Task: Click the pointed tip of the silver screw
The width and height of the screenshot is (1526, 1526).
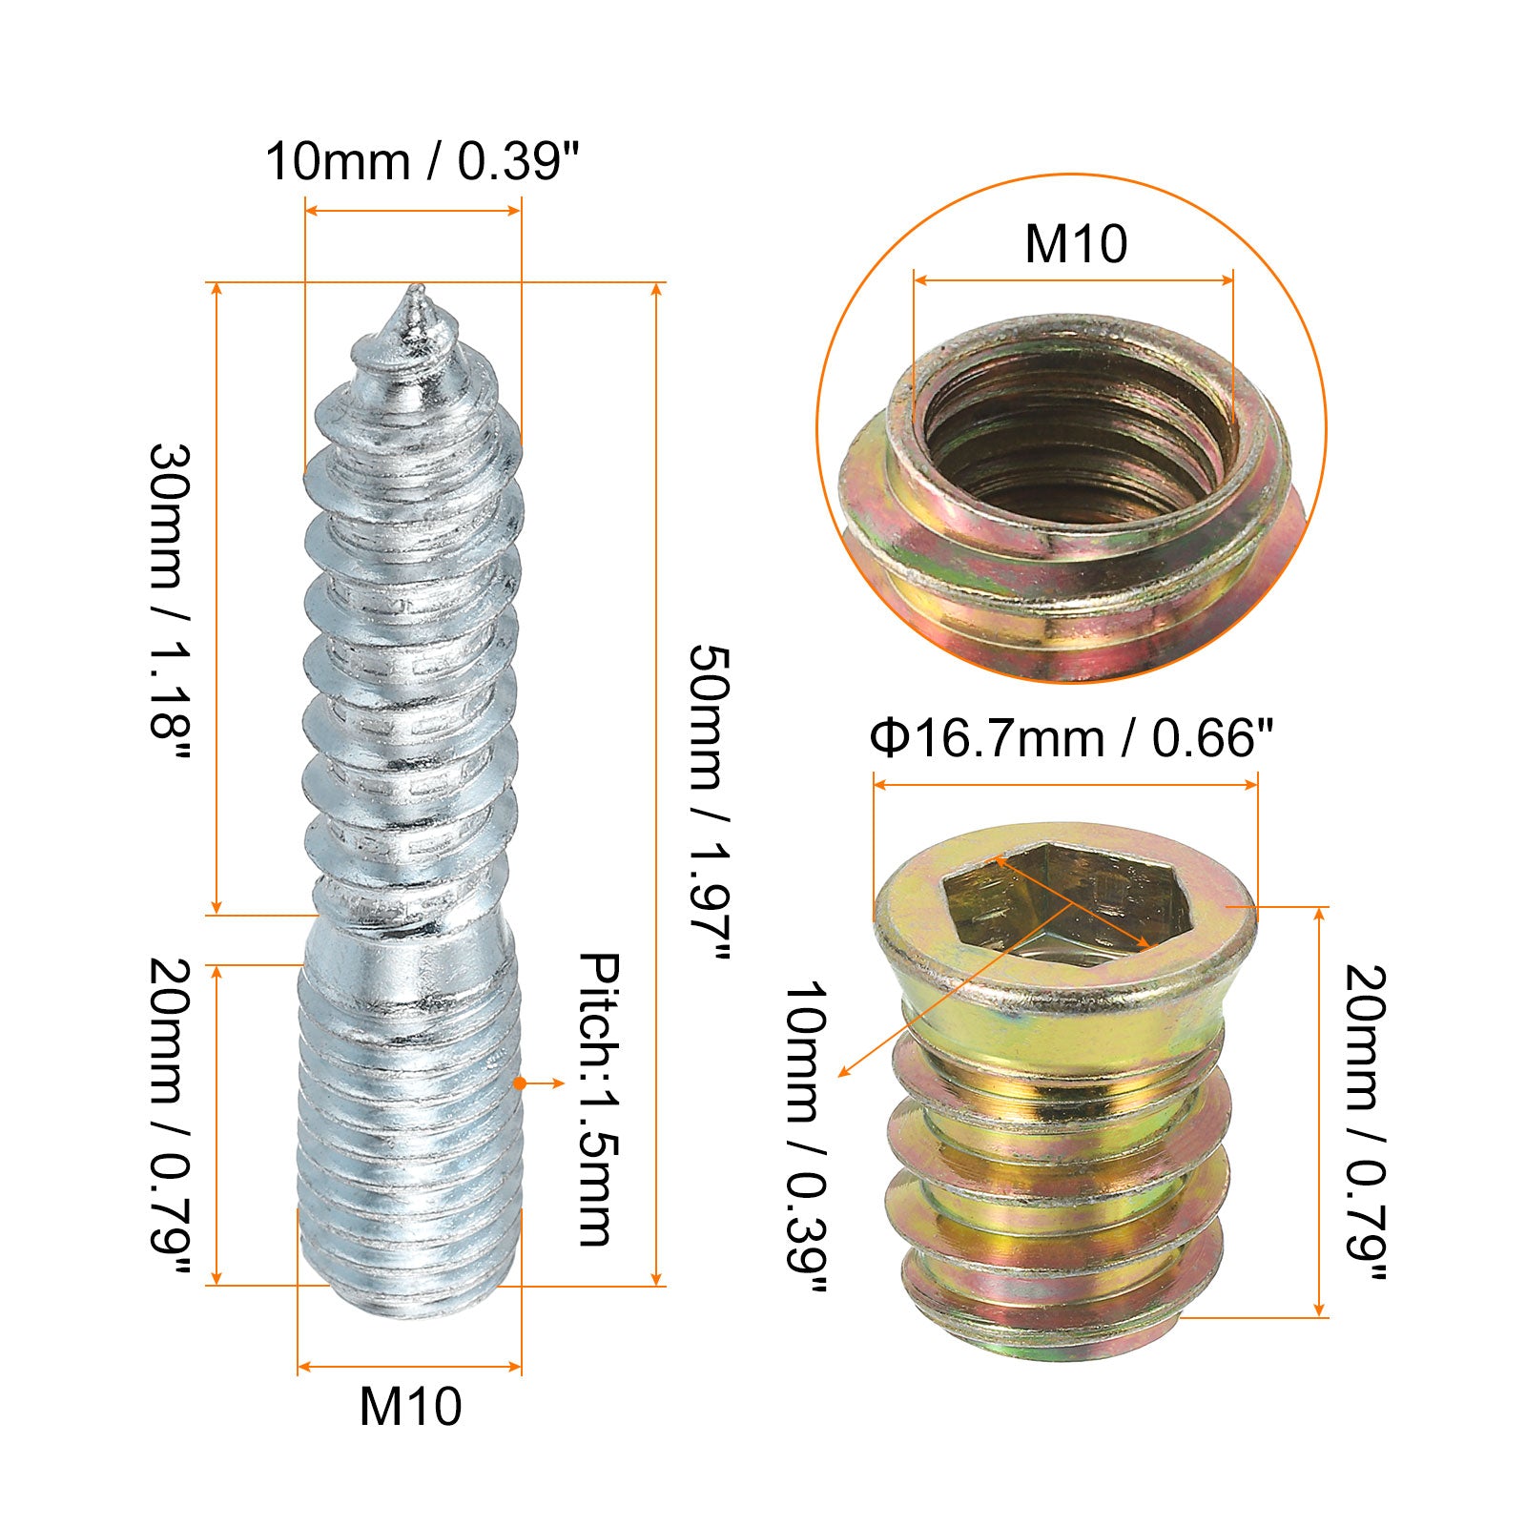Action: coord(414,289)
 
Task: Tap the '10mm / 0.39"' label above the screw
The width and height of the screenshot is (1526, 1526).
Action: coord(423,161)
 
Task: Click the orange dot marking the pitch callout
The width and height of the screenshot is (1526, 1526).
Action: coord(519,1083)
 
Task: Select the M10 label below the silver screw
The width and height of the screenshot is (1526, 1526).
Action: coord(410,1406)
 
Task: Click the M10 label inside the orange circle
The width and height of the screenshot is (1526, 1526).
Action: coord(1075,243)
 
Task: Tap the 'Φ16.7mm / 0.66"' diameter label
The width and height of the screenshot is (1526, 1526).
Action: coord(1072,738)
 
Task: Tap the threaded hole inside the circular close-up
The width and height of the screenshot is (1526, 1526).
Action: coord(1074,429)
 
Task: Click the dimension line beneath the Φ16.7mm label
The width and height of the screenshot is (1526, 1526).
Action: coord(1065,784)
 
